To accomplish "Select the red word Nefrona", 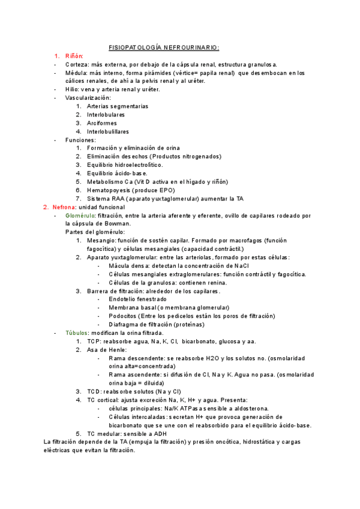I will point(64,207).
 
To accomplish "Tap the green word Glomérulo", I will point(79,215).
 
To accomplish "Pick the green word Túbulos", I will point(76,333).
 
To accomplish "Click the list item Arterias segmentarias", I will point(117,106).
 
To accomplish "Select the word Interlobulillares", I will point(112,131).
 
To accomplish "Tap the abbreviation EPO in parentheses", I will point(165,190).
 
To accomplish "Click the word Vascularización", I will point(88,98).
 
